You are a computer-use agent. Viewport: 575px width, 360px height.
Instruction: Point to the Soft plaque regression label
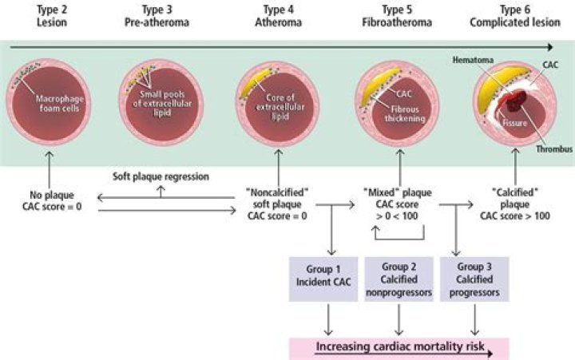click(x=159, y=175)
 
